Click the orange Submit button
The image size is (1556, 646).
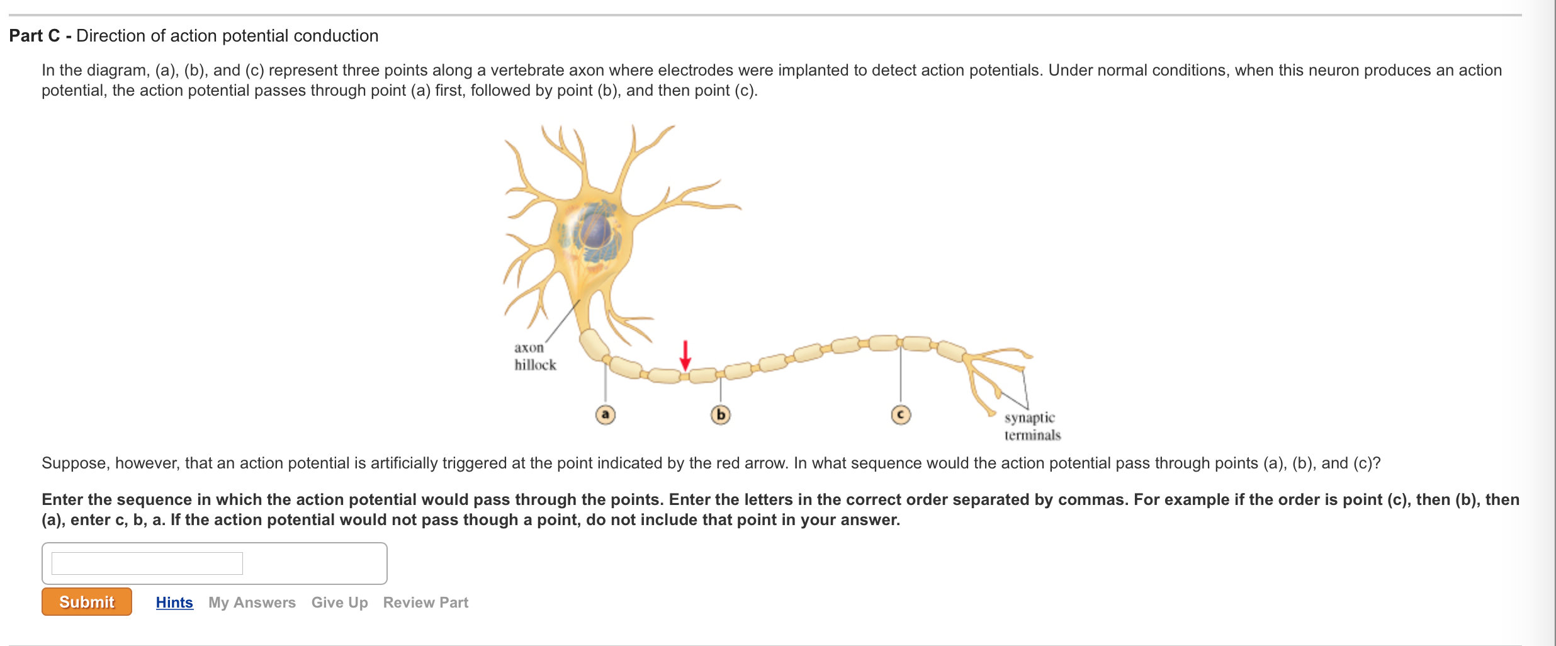tap(87, 602)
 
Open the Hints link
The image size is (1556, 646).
tap(174, 603)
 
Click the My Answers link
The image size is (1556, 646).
tap(252, 603)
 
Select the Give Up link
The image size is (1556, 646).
tap(339, 603)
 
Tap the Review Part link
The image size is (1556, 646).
tap(426, 603)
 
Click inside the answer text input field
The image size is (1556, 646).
tap(147, 564)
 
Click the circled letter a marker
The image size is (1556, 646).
tap(606, 414)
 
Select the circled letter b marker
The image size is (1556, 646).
tap(721, 415)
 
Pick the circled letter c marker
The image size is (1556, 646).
tap(901, 415)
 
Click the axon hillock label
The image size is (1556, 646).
tap(534, 356)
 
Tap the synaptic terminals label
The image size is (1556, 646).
tap(1032, 426)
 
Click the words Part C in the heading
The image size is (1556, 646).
tap(34, 36)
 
